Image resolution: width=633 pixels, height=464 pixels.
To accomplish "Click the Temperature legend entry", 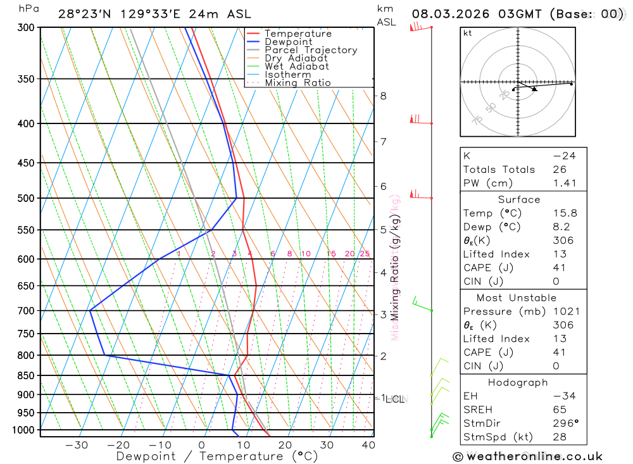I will pyautogui.click(x=298, y=34).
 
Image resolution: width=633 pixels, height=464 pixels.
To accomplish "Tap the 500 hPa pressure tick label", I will pyautogui.click(x=26, y=198).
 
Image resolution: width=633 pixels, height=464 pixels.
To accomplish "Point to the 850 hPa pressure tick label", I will pyautogui.click(x=26, y=375).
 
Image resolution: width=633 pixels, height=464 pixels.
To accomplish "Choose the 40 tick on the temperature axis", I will pyautogui.click(x=368, y=445).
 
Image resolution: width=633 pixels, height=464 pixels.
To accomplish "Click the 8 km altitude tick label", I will pyautogui.click(x=383, y=96).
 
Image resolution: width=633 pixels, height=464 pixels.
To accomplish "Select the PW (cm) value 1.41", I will pyautogui.click(x=565, y=183).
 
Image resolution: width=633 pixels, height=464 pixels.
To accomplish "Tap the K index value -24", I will pyautogui.click(x=565, y=156).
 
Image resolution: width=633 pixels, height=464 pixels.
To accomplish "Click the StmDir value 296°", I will pyautogui.click(x=565, y=423).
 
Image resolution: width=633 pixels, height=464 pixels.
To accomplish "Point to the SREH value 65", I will pyautogui.click(x=559, y=410).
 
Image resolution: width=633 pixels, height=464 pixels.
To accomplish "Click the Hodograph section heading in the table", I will pyautogui.click(x=518, y=382).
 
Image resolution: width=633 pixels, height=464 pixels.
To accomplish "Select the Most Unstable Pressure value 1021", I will pyautogui.click(x=565, y=311).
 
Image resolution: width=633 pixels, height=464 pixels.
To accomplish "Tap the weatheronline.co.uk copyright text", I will pyautogui.click(x=527, y=456).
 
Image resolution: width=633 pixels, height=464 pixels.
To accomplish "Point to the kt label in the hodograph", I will pyautogui.click(x=468, y=33).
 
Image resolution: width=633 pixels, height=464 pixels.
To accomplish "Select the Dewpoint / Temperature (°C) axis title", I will pyautogui.click(x=217, y=456).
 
